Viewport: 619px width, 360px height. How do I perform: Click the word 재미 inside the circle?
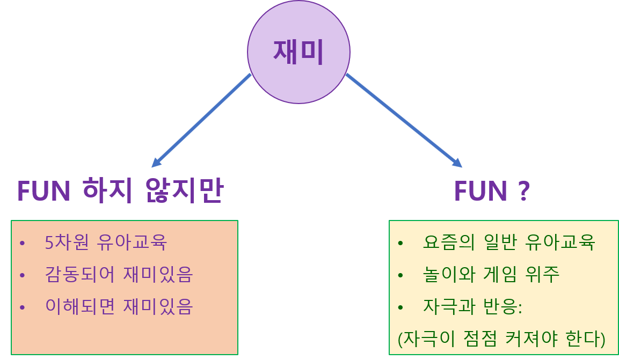click(298, 52)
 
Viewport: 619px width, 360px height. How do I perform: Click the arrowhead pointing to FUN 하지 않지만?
click(156, 162)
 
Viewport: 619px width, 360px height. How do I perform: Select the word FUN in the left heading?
click(44, 191)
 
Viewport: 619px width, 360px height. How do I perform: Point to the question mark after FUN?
click(525, 192)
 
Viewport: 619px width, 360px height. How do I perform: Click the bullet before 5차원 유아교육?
click(23, 244)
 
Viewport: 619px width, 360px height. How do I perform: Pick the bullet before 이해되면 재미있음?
click(23, 308)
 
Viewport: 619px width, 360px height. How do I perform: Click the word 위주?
click(544, 275)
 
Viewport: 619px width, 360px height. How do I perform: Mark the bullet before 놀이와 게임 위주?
click(400, 276)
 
